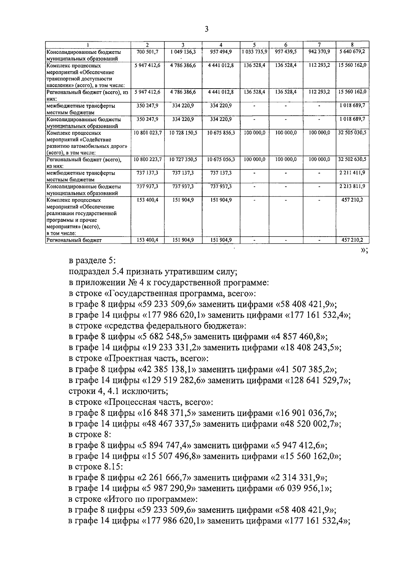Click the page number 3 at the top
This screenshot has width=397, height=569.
coord(206,29)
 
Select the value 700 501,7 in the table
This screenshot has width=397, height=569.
coord(148,52)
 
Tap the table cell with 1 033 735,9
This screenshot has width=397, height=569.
coord(254,52)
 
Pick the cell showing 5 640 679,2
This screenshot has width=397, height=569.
coord(352,52)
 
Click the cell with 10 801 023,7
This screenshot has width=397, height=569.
coord(148,133)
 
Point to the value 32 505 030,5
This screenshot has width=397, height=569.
coord(352,133)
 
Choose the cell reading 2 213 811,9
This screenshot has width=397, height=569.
coord(352,186)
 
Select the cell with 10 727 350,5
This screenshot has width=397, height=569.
coord(183,159)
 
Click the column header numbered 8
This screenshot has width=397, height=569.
coord(352,45)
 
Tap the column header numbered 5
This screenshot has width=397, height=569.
coord(254,45)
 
